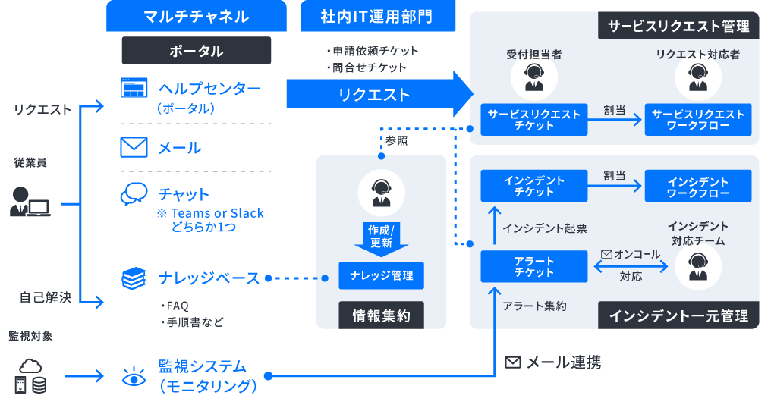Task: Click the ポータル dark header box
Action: (x=197, y=51)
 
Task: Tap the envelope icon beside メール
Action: (x=134, y=146)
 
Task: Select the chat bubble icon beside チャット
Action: (x=134, y=194)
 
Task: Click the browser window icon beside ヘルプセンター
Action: (x=134, y=88)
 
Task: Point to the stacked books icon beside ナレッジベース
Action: (x=134, y=278)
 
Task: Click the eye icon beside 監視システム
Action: (x=134, y=376)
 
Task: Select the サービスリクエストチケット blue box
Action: (x=534, y=120)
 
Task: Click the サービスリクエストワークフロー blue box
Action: (x=698, y=120)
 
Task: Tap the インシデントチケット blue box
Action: (x=534, y=187)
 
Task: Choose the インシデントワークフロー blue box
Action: (x=698, y=187)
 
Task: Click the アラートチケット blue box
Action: (x=534, y=267)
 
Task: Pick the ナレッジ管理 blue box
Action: (x=381, y=275)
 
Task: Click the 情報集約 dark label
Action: (x=381, y=315)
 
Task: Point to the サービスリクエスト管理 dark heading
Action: (x=678, y=27)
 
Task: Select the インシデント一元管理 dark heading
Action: (x=678, y=315)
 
